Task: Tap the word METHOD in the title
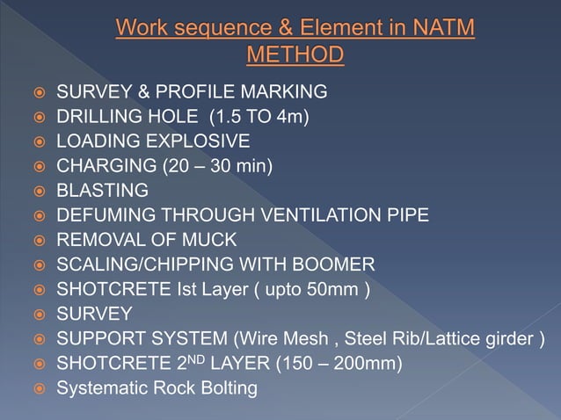point(295,56)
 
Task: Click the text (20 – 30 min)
point(218,165)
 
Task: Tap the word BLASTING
point(102,190)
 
